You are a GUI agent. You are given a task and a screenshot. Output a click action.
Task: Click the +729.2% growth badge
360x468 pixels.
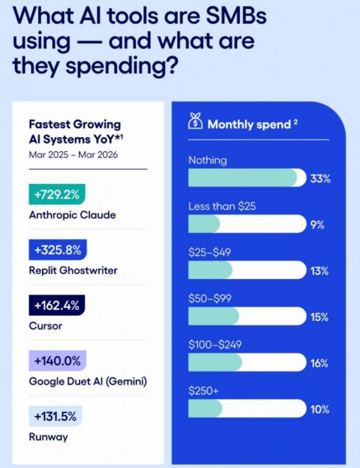point(57,194)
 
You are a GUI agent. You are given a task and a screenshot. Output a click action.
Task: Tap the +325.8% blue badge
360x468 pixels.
point(58,250)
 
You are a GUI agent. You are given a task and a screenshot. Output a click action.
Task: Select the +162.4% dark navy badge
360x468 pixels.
point(57,305)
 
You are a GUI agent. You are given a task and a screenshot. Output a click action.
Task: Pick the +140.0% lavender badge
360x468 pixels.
point(57,360)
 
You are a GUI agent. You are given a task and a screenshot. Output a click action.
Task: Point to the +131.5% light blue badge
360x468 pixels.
point(56,416)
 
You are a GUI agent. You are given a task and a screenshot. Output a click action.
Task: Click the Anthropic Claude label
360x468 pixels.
point(72,215)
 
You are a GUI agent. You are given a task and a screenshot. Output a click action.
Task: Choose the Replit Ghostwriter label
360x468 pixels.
point(73,270)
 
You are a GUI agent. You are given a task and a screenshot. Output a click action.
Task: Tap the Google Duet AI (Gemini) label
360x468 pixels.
point(88,381)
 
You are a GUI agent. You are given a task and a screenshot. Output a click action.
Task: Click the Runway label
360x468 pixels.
point(49,437)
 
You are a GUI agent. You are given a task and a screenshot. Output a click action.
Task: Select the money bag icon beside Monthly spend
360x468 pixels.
point(195,121)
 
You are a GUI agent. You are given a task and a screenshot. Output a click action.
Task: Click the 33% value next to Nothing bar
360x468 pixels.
point(320,179)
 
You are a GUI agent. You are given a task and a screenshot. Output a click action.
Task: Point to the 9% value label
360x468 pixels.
point(317,225)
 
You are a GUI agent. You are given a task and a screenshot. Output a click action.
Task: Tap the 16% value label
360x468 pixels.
point(319,363)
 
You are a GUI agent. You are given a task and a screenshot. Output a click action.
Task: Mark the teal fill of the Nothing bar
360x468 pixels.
point(243,178)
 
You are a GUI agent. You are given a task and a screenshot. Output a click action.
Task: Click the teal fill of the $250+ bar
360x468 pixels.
point(205,408)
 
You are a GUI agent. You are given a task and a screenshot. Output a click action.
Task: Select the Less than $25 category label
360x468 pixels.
point(222,207)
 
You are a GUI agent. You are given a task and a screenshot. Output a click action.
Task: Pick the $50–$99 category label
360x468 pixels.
point(210,298)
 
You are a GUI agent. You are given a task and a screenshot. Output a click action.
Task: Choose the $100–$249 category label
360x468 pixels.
point(214,345)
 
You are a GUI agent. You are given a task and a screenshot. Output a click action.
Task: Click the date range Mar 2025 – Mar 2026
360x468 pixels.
point(73,154)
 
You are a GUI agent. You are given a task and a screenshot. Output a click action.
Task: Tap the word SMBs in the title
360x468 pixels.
point(236,16)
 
